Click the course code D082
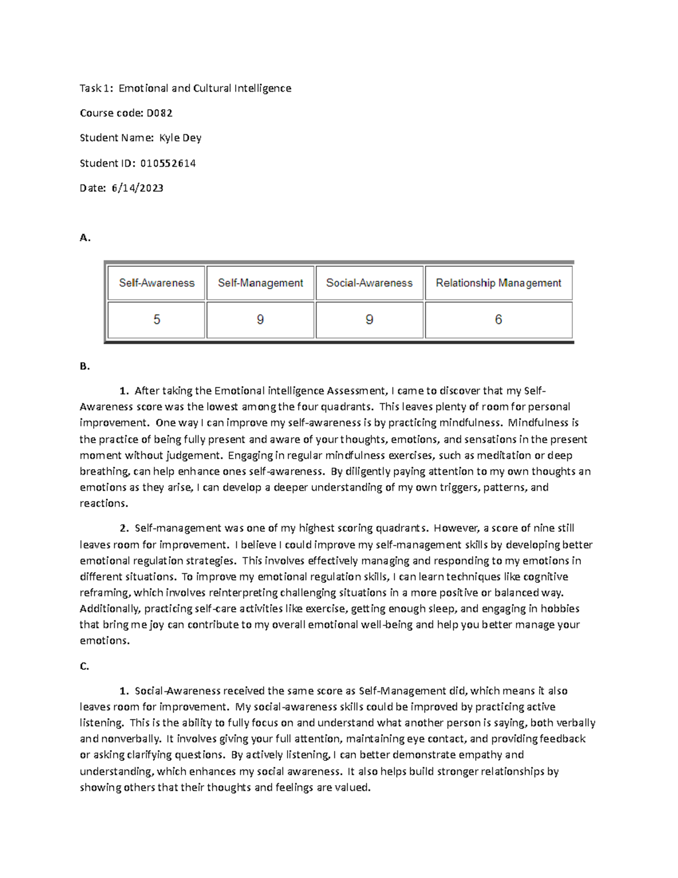click(159, 113)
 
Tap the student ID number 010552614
click(168, 163)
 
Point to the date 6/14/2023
click(137, 188)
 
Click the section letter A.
click(85, 238)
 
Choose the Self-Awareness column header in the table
click(157, 283)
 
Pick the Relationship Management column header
click(498, 283)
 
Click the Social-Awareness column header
click(369, 283)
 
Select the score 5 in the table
click(157, 320)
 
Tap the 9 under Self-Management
click(260, 320)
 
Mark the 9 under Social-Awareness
click(369, 320)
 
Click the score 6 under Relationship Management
click(498, 320)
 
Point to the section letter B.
click(85, 366)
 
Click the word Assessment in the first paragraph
click(348, 391)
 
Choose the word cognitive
click(545, 577)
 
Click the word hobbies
click(560, 609)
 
